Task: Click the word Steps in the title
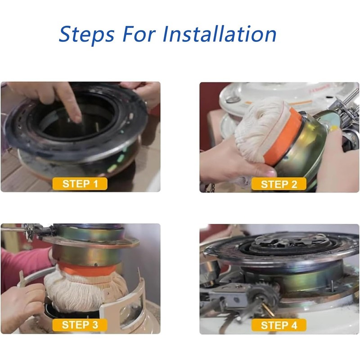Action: tap(86, 35)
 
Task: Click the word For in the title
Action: tap(139, 34)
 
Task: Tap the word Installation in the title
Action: tap(219, 34)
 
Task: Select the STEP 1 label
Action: tap(80, 184)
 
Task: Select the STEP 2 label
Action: tap(279, 184)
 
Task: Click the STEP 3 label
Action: tap(80, 324)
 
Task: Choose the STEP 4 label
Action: tap(279, 325)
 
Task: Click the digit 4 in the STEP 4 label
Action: tap(294, 325)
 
